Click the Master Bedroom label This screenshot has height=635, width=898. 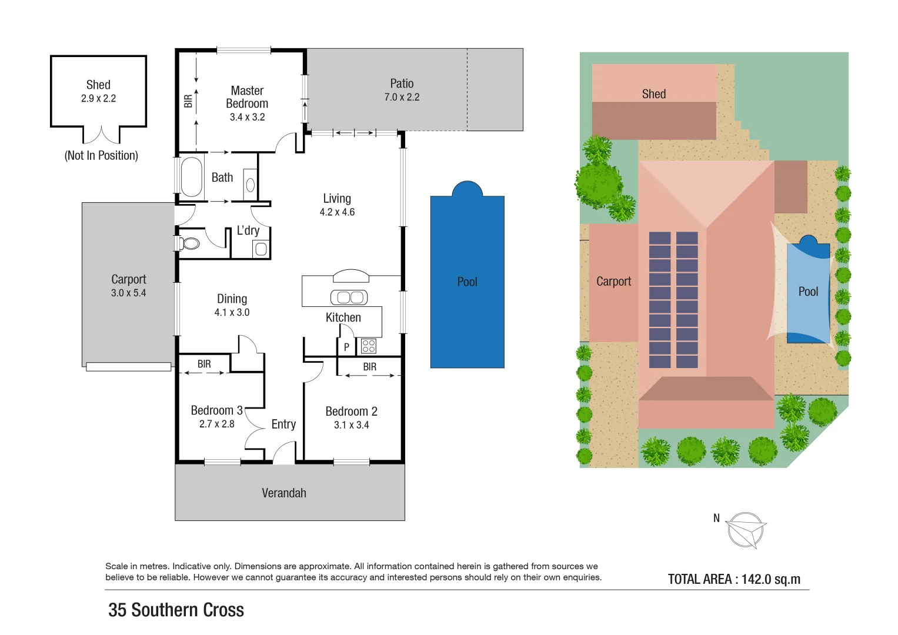click(x=247, y=97)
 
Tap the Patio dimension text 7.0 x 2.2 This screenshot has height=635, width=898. click(x=402, y=98)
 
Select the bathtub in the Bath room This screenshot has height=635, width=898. click(x=192, y=176)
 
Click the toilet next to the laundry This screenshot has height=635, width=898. click(x=189, y=243)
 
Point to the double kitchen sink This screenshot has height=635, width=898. click(x=349, y=298)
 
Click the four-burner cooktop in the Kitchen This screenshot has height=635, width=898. click(x=369, y=346)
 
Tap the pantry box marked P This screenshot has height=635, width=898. click(x=346, y=347)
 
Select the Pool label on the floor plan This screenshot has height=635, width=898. click(x=467, y=282)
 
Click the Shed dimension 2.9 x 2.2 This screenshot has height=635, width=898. click(x=98, y=99)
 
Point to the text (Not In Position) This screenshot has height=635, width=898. click(x=101, y=156)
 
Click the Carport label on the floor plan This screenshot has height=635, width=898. click(x=128, y=279)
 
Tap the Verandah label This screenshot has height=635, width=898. click(x=284, y=493)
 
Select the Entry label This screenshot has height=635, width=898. click(x=283, y=425)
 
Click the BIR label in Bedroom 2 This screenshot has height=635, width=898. click(x=369, y=367)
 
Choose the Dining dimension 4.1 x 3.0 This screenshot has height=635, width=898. click(x=232, y=313)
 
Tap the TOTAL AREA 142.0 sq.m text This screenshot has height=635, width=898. click(x=734, y=579)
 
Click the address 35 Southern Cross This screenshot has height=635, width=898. click(x=176, y=610)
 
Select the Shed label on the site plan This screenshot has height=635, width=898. click(x=653, y=94)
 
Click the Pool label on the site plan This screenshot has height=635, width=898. click(x=808, y=292)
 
